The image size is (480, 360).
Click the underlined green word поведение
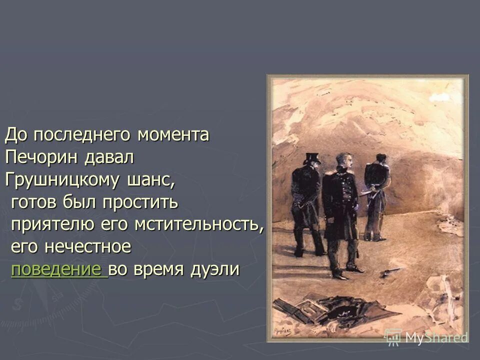pyautogui.click(x=58, y=269)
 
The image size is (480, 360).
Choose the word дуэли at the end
pyautogui.click(x=216, y=269)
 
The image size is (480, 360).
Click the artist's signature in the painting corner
pyautogui.click(x=283, y=330)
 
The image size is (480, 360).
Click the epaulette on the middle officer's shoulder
pyautogui.click(x=330, y=174)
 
